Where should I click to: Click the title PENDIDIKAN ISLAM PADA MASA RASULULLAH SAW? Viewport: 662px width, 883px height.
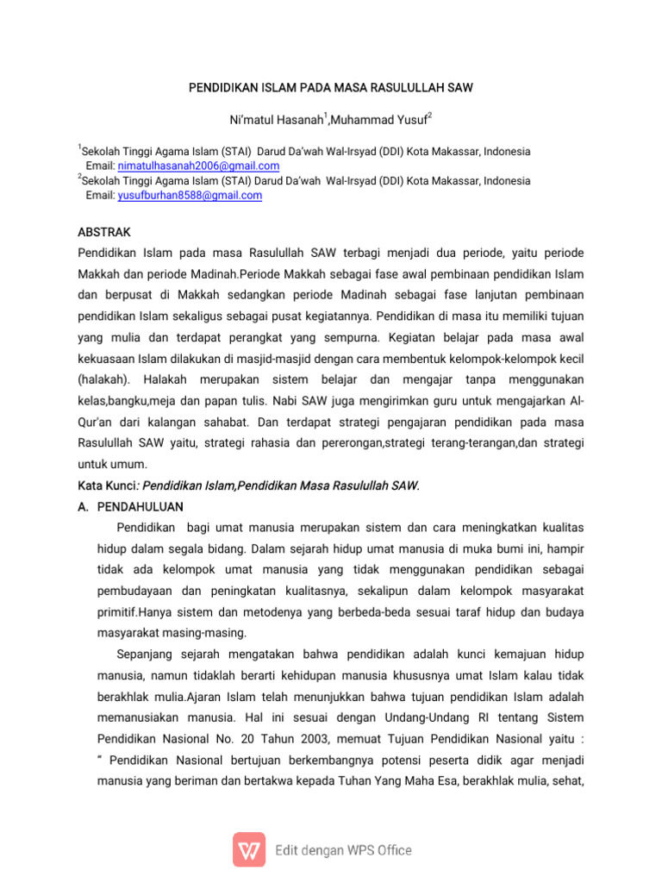331,88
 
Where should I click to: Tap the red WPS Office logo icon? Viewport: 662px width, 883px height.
249,849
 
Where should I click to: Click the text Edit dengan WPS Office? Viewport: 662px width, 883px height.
343,850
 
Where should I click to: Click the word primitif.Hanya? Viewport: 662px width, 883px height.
142,611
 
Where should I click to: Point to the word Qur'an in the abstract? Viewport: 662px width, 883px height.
96,422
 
